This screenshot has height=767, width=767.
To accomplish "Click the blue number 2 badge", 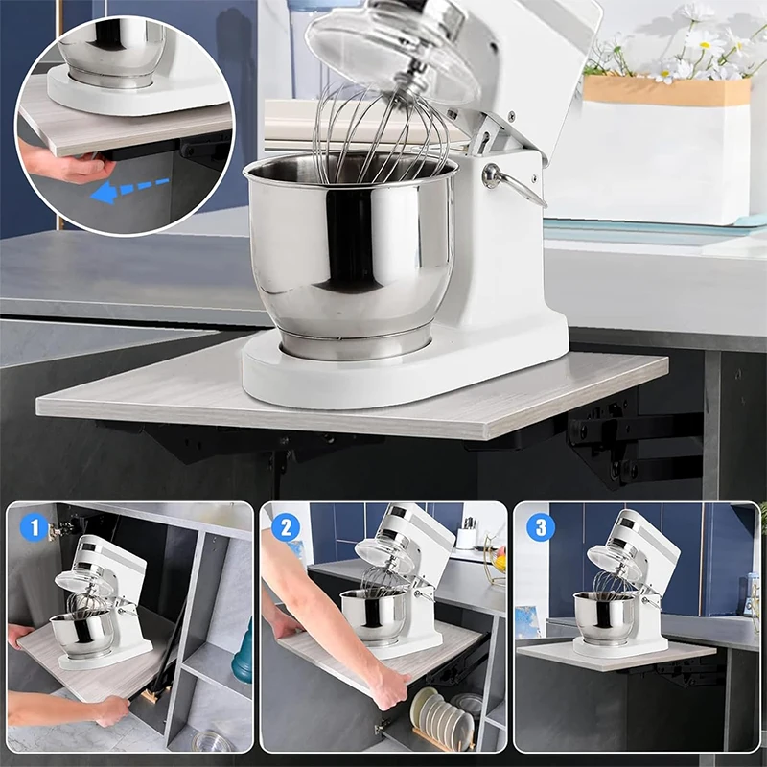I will point(287,527).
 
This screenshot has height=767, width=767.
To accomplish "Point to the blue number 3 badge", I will point(540,527).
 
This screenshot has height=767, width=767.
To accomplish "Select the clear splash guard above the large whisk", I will point(393,48).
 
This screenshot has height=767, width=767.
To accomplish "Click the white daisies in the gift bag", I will point(705,48).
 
